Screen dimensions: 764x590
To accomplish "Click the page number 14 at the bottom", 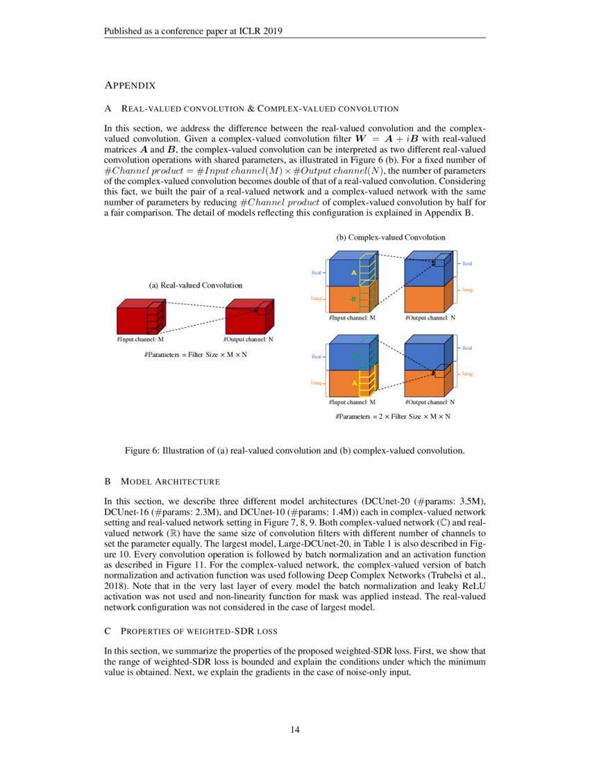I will coord(295,729).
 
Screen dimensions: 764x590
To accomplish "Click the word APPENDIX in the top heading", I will coord(129,85).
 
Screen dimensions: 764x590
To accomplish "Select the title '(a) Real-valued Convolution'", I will coord(196,285).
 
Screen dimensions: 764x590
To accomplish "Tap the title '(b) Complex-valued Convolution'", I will coord(391,237).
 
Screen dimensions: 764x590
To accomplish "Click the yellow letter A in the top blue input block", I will coord(354,273).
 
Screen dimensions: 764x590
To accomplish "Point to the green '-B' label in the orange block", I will coord(353,299).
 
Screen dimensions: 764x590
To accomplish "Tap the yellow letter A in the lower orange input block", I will coord(354,383).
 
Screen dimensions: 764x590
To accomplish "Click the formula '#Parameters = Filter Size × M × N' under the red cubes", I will coord(196,355).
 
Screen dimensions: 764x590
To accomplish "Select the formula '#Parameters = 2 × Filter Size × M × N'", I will coord(392,417).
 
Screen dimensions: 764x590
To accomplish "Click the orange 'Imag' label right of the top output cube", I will coord(468,290).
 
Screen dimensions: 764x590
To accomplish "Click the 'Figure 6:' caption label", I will coord(142,451).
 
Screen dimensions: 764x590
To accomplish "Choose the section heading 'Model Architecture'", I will coord(171,481).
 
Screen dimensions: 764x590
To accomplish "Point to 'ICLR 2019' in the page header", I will coord(260,31).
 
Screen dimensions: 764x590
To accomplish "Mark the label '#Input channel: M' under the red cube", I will coord(140,340).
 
